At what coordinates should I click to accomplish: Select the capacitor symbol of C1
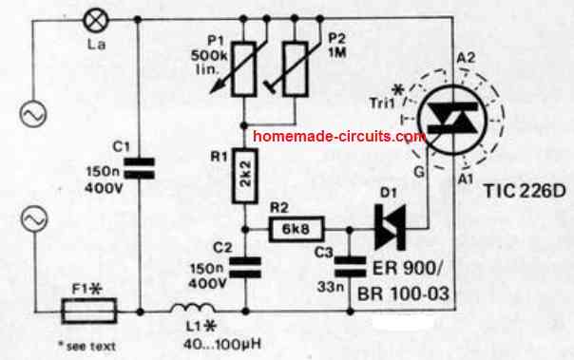138,170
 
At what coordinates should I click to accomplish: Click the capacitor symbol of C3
353,269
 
